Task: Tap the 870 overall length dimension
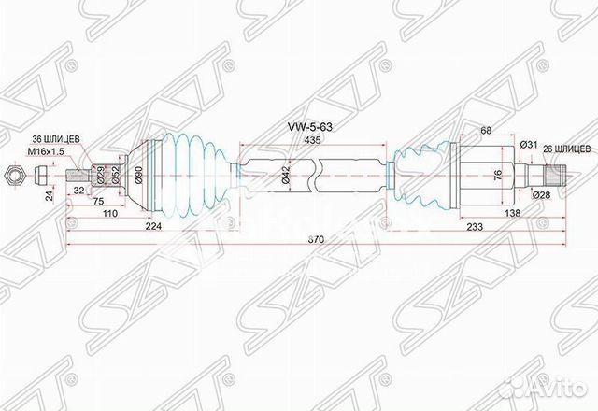pos(318,240)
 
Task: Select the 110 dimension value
pos(109,214)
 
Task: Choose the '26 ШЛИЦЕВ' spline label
pos(566,147)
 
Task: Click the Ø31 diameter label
pos(529,147)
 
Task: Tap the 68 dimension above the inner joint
pos(485,131)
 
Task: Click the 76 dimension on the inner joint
pos(498,173)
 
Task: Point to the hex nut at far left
pos(16,174)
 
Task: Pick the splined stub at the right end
pos(558,173)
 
